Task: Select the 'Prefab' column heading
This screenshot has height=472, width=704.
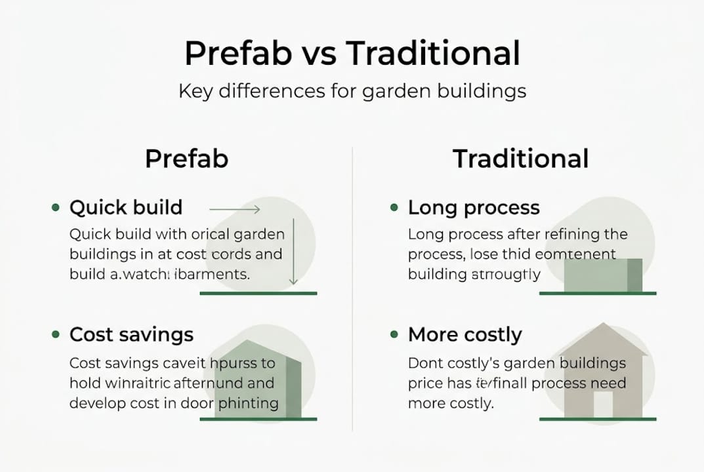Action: [186, 159]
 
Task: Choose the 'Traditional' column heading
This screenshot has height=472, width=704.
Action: [520, 159]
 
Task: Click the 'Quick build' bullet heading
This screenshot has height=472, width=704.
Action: [126, 208]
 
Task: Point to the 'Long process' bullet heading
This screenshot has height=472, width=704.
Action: [474, 208]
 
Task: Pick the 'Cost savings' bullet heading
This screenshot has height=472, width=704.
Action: [131, 334]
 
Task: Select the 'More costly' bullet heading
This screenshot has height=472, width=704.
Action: [465, 334]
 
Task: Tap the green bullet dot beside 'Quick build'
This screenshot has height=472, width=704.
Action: [55, 208]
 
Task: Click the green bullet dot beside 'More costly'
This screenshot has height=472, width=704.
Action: [394, 334]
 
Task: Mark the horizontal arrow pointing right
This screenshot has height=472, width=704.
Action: [235, 209]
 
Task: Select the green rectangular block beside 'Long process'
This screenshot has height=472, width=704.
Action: [602, 275]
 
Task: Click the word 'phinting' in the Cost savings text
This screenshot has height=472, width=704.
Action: [253, 403]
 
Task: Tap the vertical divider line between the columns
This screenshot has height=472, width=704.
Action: [352, 288]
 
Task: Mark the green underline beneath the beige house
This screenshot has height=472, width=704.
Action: [597, 419]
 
